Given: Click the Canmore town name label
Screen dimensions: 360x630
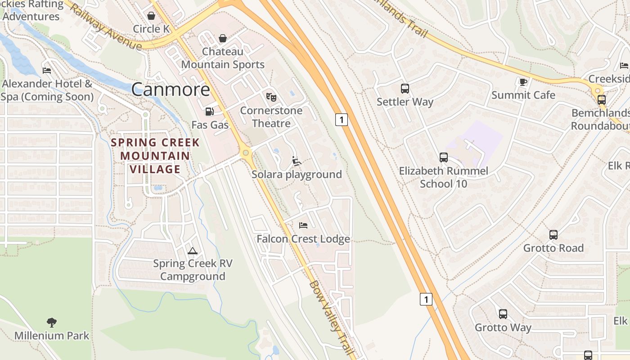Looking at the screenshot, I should (171, 90).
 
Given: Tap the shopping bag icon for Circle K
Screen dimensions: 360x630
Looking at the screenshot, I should (151, 16).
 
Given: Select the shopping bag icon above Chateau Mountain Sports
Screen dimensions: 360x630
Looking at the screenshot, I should (222, 38).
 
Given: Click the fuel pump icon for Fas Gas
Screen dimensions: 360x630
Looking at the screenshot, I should (209, 111).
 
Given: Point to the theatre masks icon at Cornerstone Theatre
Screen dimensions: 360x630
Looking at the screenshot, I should (271, 97).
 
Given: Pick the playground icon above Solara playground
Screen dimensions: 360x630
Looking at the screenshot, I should (296, 161).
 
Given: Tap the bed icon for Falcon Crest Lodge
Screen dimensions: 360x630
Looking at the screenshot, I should (303, 225).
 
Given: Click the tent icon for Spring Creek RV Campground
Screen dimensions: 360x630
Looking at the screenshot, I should (193, 251).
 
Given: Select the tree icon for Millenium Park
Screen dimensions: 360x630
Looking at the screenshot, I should (52, 322).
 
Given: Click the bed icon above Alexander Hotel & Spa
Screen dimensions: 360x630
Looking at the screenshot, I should (47, 70).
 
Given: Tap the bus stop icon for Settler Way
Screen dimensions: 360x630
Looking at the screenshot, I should (405, 89).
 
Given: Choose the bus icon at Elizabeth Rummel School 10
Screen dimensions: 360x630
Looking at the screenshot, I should (443, 157).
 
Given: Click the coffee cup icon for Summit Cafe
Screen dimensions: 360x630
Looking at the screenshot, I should (523, 82).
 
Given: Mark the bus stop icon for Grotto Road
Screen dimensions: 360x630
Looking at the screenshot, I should (553, 234).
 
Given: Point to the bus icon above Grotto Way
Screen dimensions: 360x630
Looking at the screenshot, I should (503, 314).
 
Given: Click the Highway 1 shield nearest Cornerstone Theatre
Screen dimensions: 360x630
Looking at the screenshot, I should (342, 120).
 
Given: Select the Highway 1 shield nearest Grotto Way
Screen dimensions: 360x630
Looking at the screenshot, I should (426, 299).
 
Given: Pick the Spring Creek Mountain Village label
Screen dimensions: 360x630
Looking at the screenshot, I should (155, 156).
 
